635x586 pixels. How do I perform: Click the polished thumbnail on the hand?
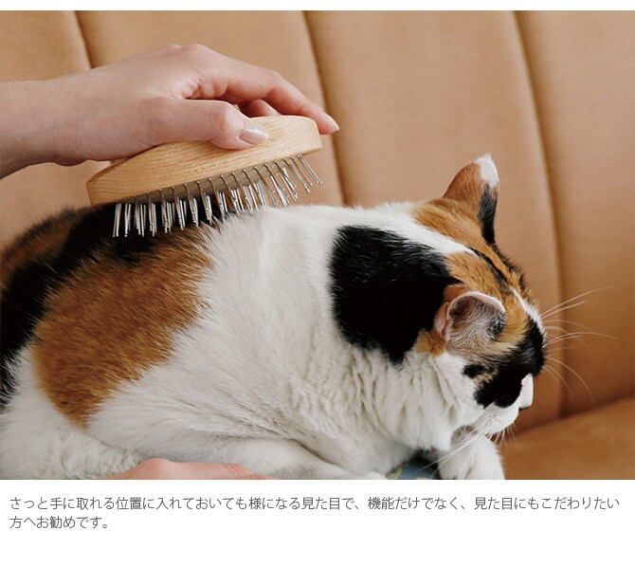[253, 135]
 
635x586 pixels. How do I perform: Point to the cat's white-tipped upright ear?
[479, 185]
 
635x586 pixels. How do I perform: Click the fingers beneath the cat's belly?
[180, 469]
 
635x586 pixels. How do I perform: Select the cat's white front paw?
[474, 460]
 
